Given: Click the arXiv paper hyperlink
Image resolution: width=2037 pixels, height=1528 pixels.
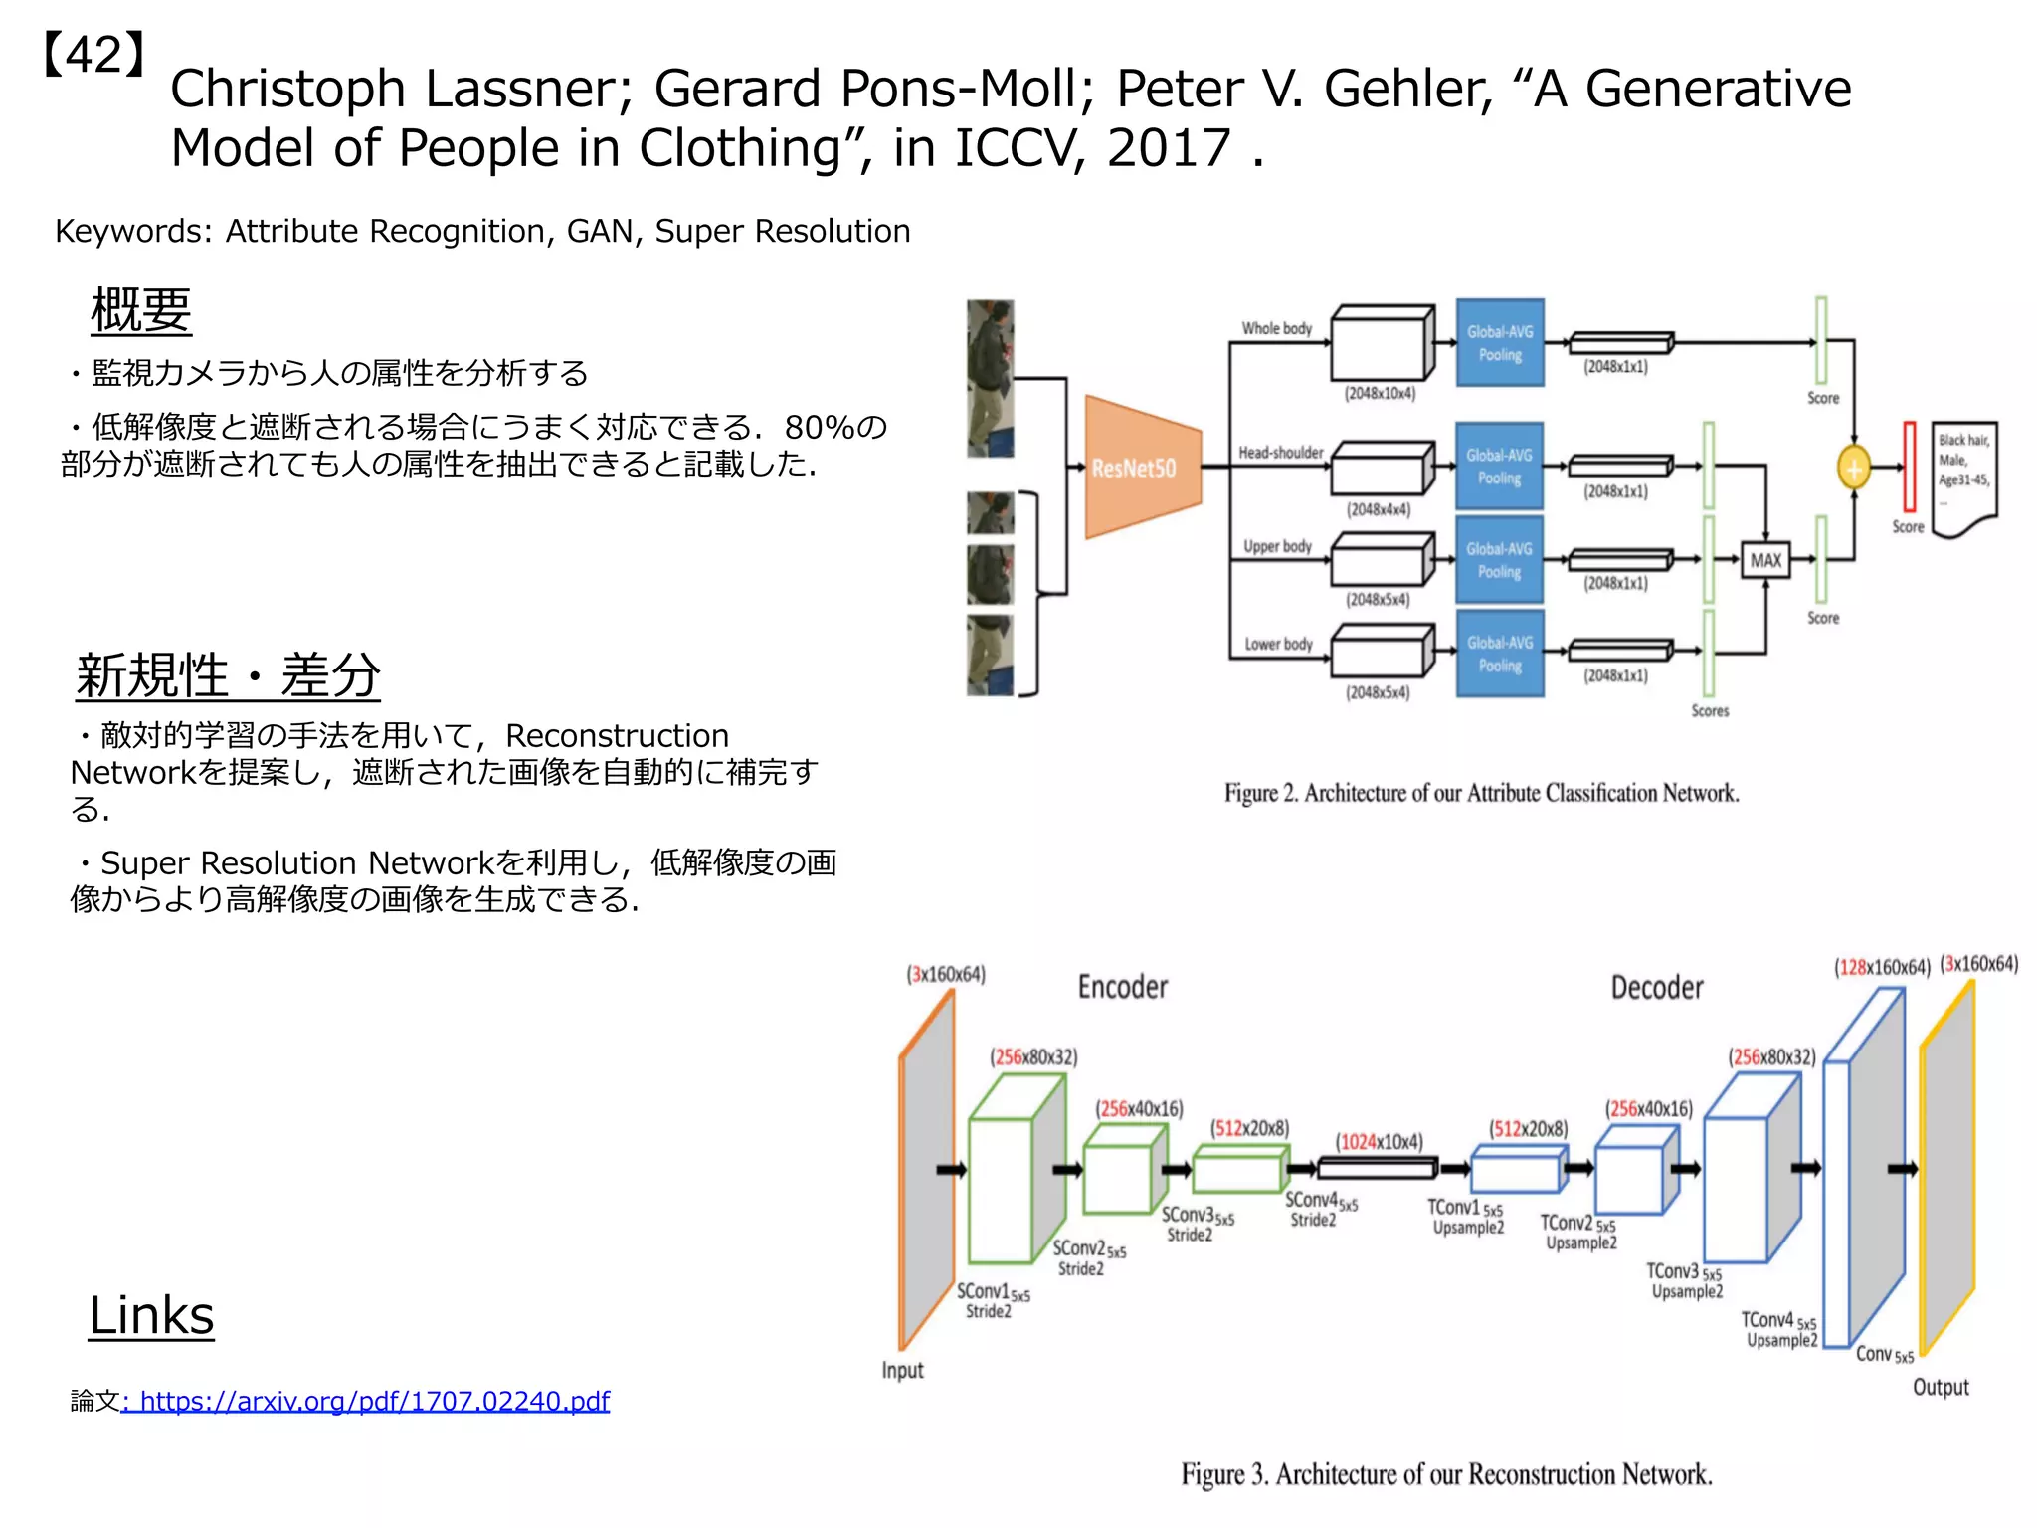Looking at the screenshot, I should (x=365, y=1401).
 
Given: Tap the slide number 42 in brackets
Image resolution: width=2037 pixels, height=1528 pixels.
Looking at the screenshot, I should (x=95, y=55).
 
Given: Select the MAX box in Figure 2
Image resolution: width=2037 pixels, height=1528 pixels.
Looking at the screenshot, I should (x=1765, y=560).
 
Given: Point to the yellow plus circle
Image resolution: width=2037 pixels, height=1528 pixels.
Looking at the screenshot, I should (x=1853, y=468).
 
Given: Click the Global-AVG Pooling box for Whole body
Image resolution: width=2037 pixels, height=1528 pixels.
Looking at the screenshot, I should (x=1500, y=343).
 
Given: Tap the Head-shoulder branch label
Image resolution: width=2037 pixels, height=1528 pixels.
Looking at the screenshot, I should (x=1280, y=453).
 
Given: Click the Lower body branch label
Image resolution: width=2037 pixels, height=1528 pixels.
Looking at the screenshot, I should (x=1278, y=644).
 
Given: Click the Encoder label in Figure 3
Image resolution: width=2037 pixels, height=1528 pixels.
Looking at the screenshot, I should (x=1123, y=987).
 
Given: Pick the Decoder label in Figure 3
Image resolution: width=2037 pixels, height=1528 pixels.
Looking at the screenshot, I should (x=1657, y=988).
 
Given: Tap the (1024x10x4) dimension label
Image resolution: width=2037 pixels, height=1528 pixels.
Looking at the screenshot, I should (x=1379, y=1141).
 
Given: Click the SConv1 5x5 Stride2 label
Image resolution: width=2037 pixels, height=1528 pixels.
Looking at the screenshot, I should (x=993, y=1300).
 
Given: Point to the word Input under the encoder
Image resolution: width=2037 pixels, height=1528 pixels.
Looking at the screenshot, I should (x=902, y=1370).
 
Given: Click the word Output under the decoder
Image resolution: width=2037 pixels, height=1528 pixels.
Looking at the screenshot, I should (x=1941, y=1387).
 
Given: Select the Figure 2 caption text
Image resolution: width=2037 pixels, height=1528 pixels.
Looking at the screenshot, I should (x=1481, y=793).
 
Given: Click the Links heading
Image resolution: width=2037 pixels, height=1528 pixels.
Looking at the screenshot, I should (x=151, y=1315).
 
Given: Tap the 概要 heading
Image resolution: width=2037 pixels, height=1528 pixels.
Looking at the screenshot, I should (x=140, y=310).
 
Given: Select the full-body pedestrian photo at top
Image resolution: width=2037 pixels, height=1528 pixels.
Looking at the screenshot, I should (x=990, y=378).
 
